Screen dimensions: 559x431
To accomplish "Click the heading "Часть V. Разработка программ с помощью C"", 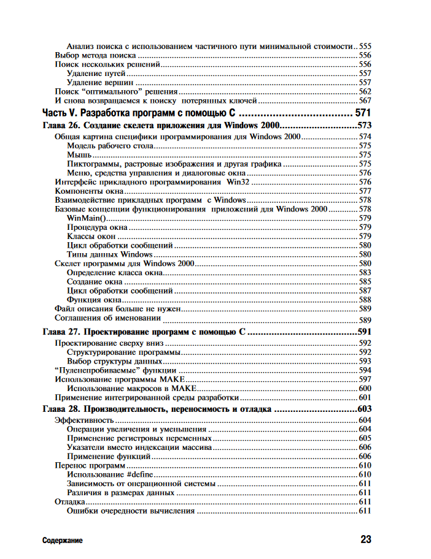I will [x=140, y=113].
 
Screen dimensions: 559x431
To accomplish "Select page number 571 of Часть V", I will [x=363, y=113].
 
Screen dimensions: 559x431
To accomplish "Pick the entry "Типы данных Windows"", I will [x=109, y=254].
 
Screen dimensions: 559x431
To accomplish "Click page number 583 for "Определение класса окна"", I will [x=365, y=272].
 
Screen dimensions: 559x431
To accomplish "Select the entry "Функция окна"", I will [x=94, y=300].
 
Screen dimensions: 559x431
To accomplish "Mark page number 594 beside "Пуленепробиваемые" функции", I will [x=365, y=370].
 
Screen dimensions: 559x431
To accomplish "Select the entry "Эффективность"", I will [x=84, y=420].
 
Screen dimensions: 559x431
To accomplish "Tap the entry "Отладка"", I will [x=70, y=502].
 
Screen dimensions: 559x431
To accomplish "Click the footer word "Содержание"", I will [x=63, y=541].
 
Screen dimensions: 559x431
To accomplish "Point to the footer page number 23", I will [x=365, y=540].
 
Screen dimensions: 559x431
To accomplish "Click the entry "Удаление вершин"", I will [x=100, y=82].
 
